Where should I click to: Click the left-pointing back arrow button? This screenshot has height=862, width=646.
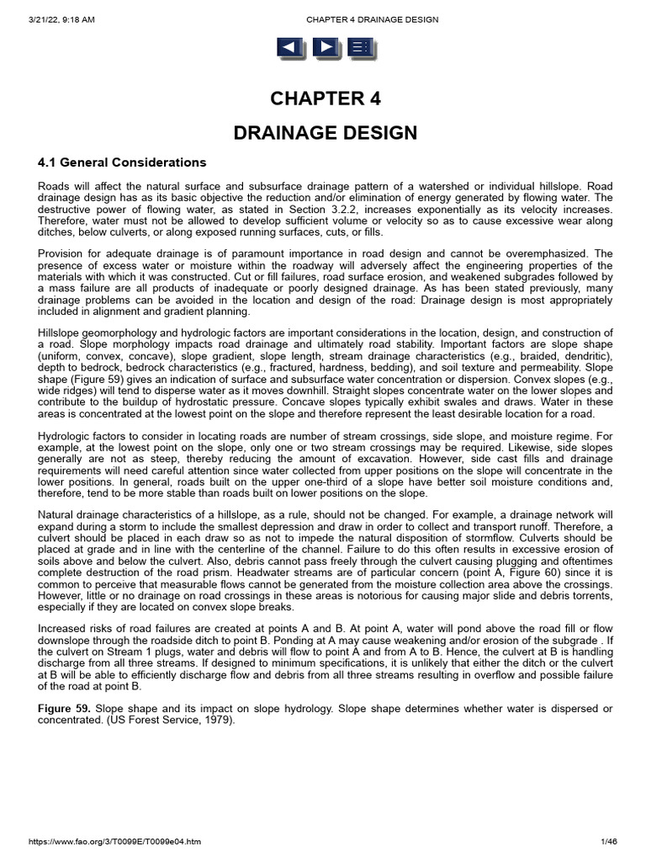pos(289,48)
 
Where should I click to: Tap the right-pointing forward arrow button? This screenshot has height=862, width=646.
pos(325,48)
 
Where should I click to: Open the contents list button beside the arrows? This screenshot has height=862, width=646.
pos(360,48)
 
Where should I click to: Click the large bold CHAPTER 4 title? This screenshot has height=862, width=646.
pos(325,98)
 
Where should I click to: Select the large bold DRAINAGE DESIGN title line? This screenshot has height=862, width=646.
pos(325,133)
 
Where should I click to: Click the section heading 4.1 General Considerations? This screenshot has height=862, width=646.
pos(122,162)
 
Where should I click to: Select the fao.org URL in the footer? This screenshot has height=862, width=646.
pos(114,841)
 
